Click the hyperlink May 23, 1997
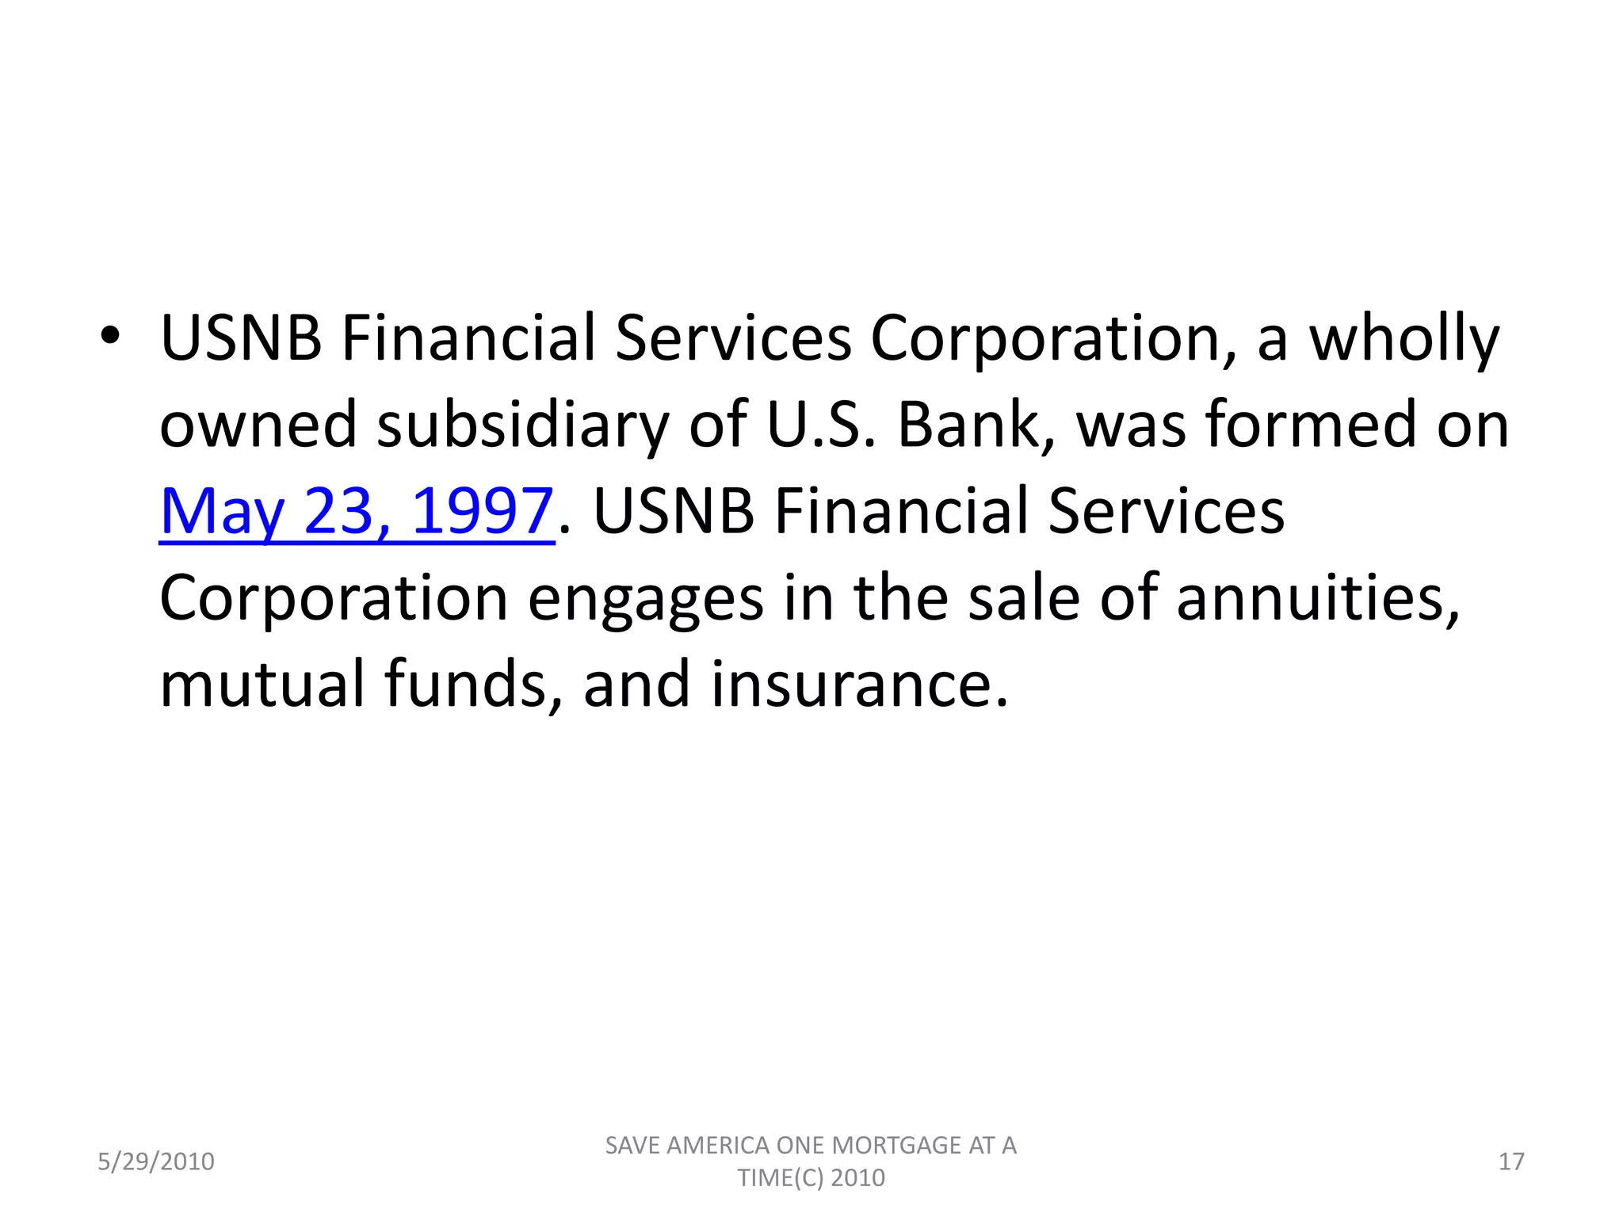coord(356,512)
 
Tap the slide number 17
coord(1511,1162)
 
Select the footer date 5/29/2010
coord(156,1162)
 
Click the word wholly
coord(1403,339)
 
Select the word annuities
coord(1317,598)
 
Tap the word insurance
coord(860,685)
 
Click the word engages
coord(646,600)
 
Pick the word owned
coord(258,425)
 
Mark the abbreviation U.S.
coord(822,425)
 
